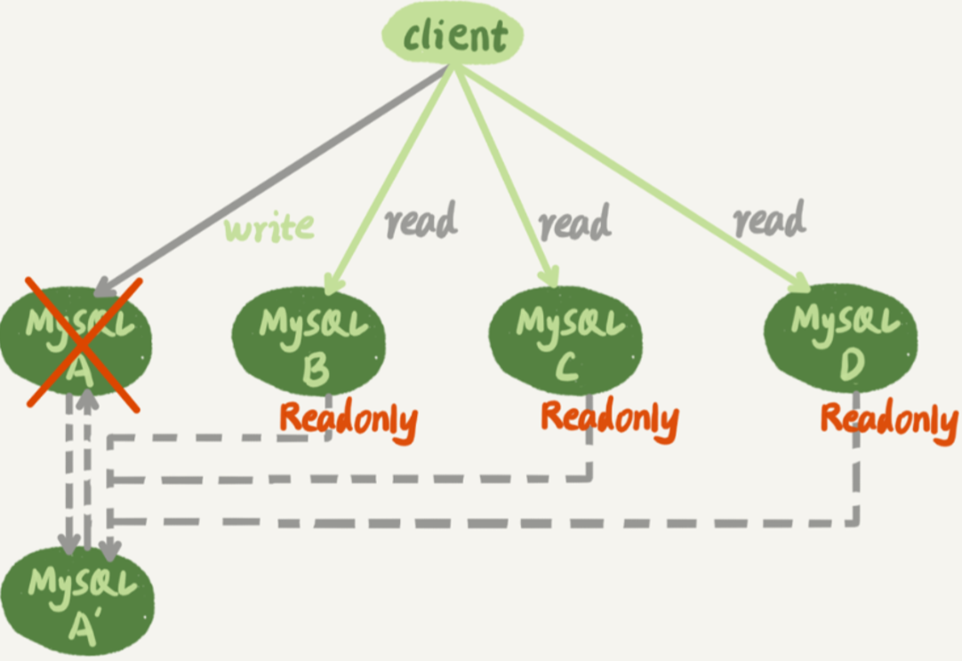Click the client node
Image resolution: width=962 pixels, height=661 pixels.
pos(453,34)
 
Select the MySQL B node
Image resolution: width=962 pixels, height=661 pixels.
pos(309,341)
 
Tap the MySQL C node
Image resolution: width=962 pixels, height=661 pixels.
pos(565,341)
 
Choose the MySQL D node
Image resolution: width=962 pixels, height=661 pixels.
pos(840,338)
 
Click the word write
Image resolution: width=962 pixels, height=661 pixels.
pos(269,227)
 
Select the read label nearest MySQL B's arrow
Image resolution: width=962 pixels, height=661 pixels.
pos(421,219)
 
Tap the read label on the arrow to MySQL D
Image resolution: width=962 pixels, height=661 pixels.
pos(769,219)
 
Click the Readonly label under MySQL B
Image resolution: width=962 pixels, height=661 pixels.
pos(349,421)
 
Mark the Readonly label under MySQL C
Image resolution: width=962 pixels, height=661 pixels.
pos(610,420)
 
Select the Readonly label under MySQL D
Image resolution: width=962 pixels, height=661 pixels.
pos(890,421)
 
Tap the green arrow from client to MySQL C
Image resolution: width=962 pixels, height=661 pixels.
pos(507,175)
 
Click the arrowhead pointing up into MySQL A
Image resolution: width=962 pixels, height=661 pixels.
pos(88,399)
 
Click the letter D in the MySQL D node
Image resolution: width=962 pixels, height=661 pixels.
pos(852,364)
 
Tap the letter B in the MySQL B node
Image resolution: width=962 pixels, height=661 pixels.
pos(316,370)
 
